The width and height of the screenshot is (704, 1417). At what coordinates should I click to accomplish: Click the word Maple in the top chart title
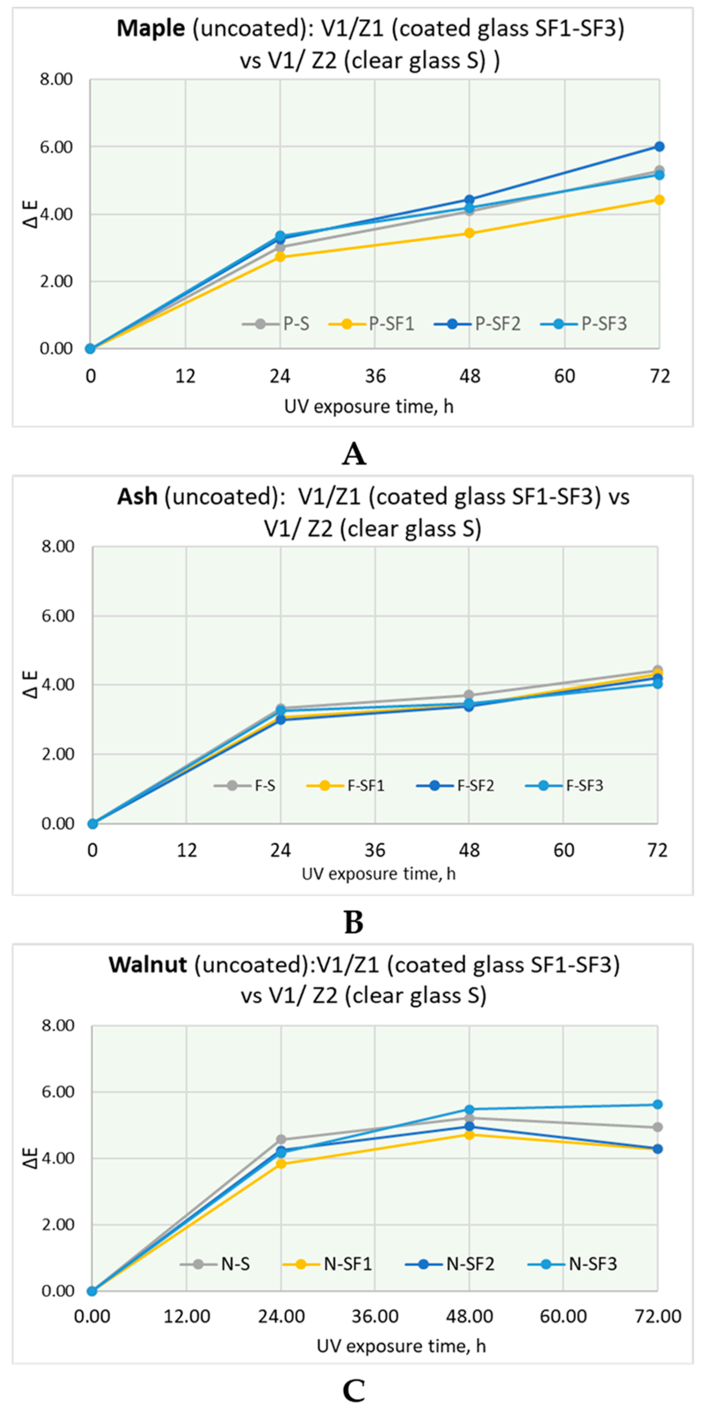pos(151,28)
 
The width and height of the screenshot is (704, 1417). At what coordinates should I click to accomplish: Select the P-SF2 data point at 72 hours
pos(659,146)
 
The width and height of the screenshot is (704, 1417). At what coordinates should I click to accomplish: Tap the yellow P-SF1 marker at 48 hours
pos(469,233)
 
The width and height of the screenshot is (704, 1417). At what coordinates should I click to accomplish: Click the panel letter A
pos(354,454)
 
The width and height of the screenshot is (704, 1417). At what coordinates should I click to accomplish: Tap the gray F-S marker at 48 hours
pos(469,695)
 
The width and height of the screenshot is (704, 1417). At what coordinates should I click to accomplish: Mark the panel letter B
pos(354,923)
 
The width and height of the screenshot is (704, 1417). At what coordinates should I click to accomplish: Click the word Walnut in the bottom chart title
pos(148,965)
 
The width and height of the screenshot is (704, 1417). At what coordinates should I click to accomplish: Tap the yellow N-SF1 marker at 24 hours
pos(281,1163)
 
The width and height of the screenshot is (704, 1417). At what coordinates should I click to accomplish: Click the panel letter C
pos(354,1391)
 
